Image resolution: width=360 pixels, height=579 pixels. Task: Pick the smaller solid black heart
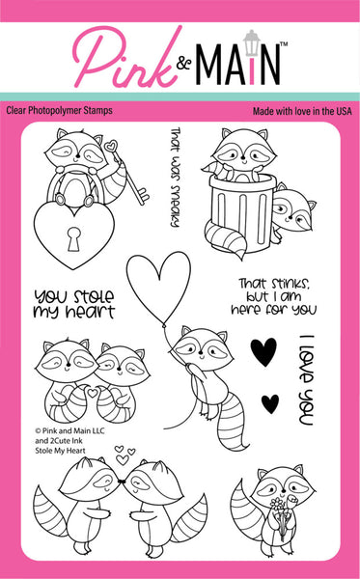(273, 401)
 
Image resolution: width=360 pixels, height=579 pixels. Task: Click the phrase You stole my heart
(73, 303)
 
